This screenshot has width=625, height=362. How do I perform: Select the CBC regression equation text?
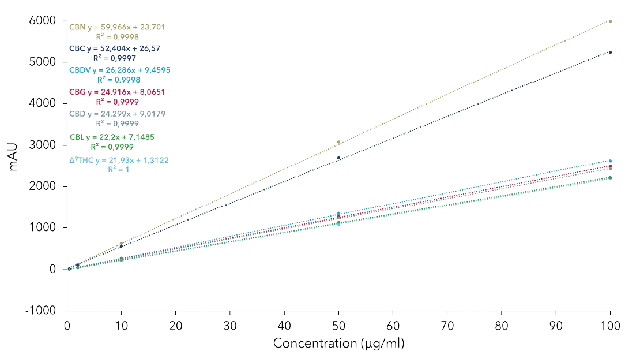[x=115, y=48]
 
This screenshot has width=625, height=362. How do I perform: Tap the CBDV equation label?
[x=118, y=70]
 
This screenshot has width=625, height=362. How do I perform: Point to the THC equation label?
[x=118, y=160]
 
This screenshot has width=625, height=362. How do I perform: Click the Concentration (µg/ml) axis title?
[x=339, y=345]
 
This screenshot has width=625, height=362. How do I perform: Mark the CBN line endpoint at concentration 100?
[x=610, y=20]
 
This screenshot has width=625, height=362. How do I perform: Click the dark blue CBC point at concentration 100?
[x=610, y=51]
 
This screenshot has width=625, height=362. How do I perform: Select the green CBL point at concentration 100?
[x=610, y=178]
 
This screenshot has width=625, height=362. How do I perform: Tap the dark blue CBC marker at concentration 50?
[x=339, y=159]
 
